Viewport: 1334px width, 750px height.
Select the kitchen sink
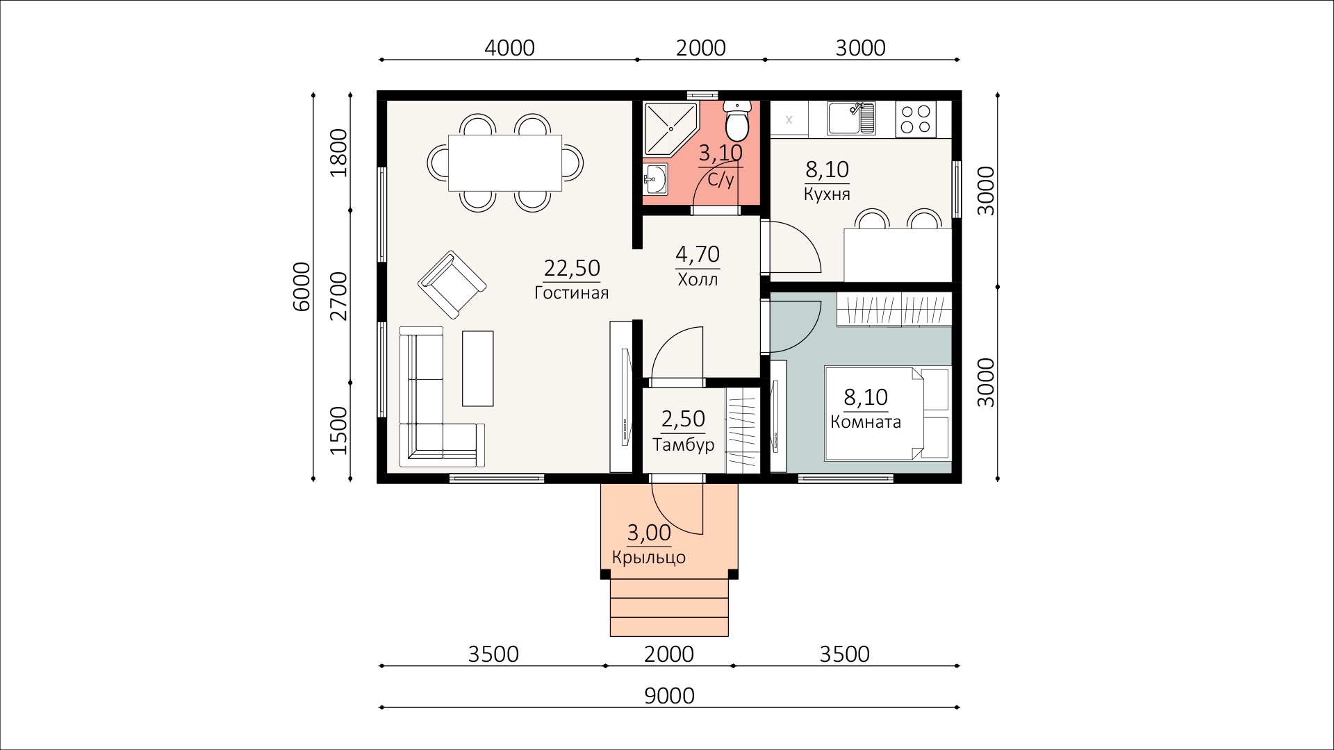coord(850,118)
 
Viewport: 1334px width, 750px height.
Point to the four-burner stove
coord(916,119)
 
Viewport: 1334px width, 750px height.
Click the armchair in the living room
coord(452,285)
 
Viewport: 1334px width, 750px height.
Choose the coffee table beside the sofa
coord(478,368)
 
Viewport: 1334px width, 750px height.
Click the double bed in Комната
coord(887,413)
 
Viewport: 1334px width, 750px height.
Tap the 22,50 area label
coord(572,268)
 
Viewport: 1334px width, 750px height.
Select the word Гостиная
coord(572,293)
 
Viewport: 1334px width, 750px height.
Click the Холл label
coord(698,280)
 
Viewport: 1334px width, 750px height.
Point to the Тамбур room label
coord(684,444)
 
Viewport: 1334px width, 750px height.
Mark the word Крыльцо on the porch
coord(649,558)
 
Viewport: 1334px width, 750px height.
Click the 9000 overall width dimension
coord(669,696)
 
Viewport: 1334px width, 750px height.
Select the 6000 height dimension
coord(302,286)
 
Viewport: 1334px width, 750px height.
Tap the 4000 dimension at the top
coord(509,48)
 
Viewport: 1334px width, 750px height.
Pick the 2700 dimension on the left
coord(338,296)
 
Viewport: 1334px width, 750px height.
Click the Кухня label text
coord(827,194)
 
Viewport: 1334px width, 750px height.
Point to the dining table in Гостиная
coord(505,162)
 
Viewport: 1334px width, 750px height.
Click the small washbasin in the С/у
coord(654,180)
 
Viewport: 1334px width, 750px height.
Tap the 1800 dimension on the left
coord(338,152)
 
